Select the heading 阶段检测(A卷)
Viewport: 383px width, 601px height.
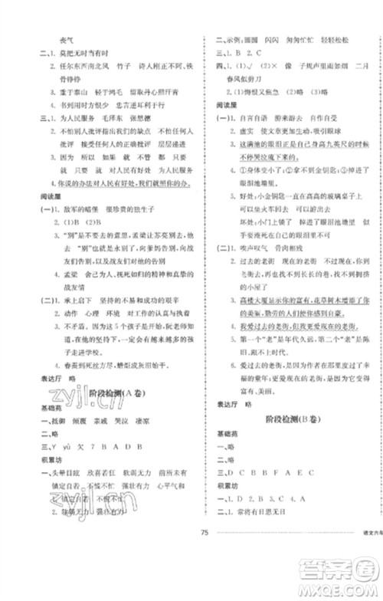coord(110,396)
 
